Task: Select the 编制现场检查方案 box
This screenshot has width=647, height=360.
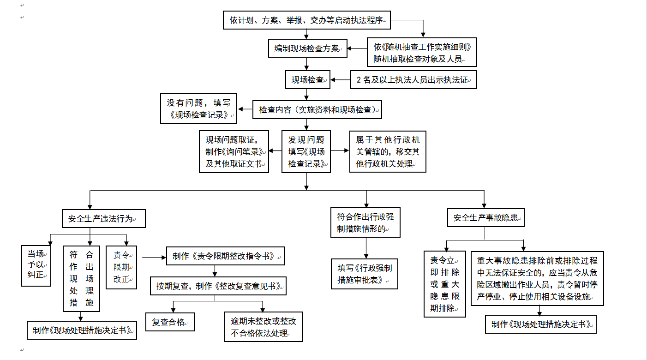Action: tap(308, 48)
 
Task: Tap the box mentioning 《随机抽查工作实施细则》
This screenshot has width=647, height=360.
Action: tap(421, 53)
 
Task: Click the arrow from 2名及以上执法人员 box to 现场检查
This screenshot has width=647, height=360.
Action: tap(341, 80)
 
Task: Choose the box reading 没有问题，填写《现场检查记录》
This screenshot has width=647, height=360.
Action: tap(198, 109)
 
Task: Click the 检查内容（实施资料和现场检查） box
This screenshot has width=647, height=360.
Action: tap(318, 110)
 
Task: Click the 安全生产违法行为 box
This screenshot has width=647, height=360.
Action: tap(104, 219)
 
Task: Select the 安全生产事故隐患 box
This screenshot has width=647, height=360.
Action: tap(486, 218)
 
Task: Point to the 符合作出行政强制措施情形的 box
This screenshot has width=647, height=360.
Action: tap(365, 222)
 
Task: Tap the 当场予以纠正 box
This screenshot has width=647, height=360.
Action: tap(36, 266)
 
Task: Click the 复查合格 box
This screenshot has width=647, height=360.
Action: tap(170, 322)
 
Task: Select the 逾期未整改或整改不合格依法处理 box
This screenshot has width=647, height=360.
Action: tap(264, 327)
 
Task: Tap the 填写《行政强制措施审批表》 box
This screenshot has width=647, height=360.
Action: tap(365, 274)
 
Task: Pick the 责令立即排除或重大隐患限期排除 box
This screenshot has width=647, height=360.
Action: tap(445, 284)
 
